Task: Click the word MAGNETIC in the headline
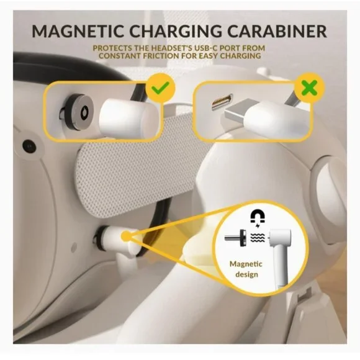pos(78,31)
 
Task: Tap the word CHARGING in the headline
pos(174,31)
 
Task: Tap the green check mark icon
pos(160,88)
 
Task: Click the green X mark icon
pos(310,88)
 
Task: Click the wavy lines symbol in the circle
pos(258,238)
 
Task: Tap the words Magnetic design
pos(246,269)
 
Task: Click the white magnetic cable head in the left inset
pos(129,117)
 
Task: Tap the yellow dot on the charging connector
pos(125,236)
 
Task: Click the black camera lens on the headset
pos(29,146)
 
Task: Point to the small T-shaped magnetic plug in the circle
pos(236,238)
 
